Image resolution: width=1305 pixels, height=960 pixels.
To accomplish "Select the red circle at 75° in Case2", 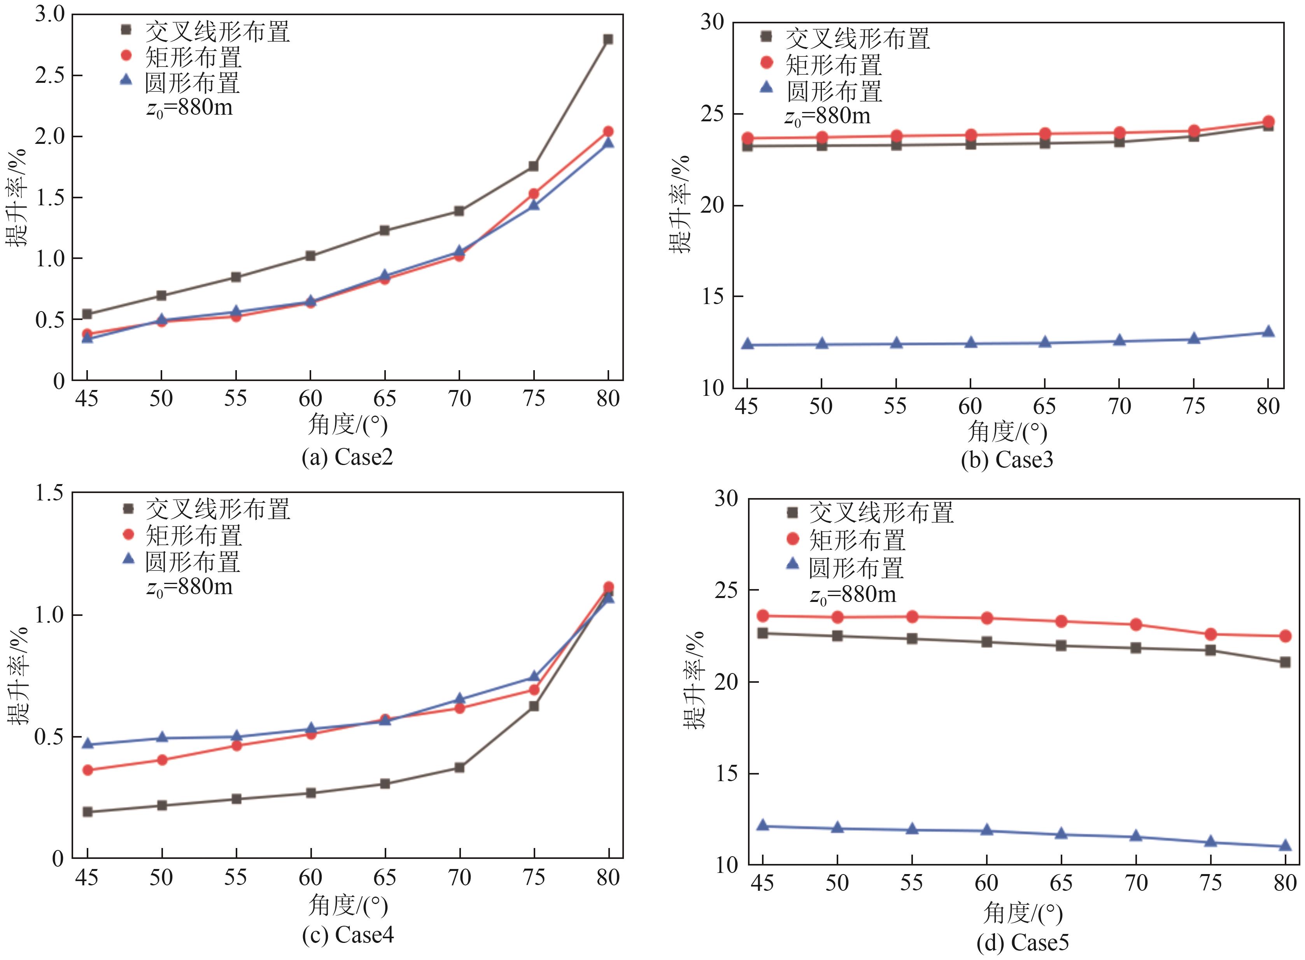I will pos(534,194).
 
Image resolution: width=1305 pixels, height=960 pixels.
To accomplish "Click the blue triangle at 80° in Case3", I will pos(1268,332).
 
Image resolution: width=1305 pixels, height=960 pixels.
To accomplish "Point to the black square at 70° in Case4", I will pos(459,768).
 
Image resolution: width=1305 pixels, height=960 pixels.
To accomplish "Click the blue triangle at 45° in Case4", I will pos(87,744).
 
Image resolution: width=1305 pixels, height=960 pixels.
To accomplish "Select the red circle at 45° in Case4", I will pos(87,770).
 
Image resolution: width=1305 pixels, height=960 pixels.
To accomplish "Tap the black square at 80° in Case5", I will pos(1285,662).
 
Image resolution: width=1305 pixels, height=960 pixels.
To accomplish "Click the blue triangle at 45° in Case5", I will pos(763,825).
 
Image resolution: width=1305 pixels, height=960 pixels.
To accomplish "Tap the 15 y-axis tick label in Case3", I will pos(712,297).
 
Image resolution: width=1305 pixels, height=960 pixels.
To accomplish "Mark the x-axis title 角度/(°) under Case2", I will pos(348,425).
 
